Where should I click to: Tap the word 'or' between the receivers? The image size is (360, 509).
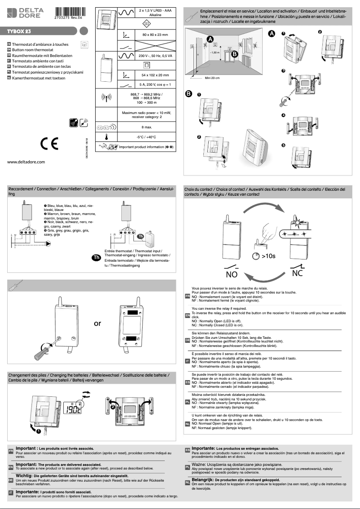click(x=97, y=324)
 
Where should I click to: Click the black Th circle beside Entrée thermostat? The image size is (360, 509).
click(x=96, y=257)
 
